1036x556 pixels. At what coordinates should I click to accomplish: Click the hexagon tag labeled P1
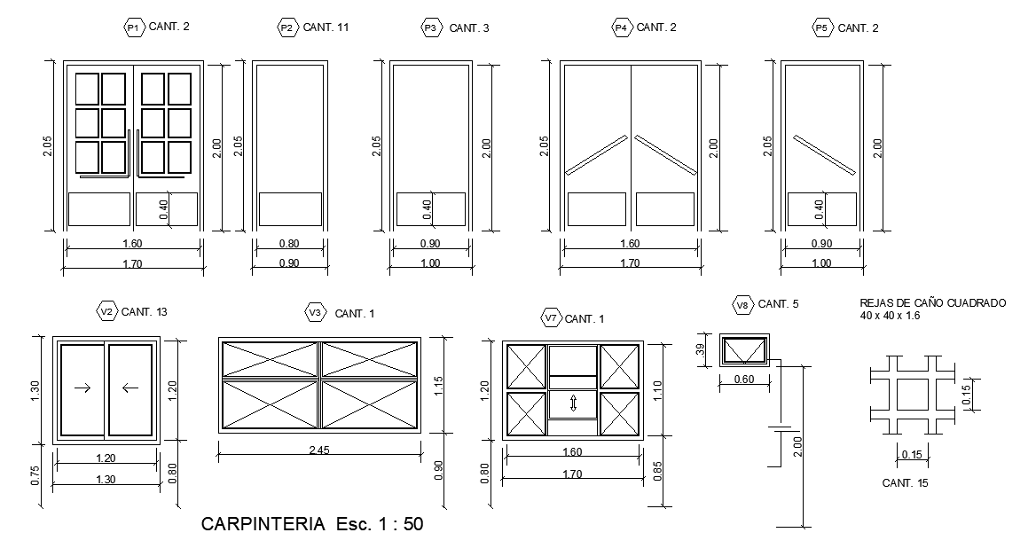[133, 27]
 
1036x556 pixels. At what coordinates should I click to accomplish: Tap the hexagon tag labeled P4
[622, 27]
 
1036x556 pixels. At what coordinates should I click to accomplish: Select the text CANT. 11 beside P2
[326, 27]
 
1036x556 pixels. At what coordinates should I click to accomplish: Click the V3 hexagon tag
[315, 313]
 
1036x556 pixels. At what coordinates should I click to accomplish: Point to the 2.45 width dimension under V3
[319, 450]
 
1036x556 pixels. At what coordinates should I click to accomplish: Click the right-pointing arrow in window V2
[82, 388]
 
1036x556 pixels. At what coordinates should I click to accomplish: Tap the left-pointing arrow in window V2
[130, 388]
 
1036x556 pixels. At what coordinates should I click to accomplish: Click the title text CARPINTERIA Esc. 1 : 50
[312, 524]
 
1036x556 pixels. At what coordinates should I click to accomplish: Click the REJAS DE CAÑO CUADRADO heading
[932, 303]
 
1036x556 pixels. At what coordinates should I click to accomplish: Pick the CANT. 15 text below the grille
[905, 483]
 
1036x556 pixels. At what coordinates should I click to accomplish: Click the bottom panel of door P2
[290, 209]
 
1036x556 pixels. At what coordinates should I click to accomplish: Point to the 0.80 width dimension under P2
[288, 244]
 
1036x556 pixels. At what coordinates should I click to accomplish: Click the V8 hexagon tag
[743, 304]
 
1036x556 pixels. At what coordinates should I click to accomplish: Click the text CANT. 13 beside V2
[145, 312]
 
